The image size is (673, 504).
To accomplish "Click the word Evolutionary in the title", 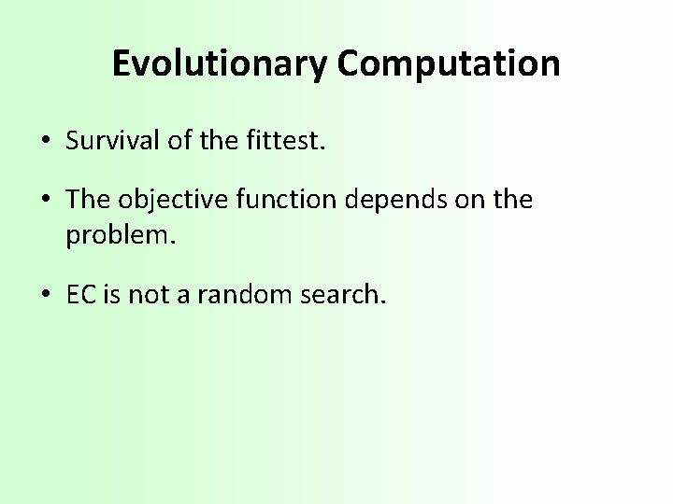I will pos(221,63).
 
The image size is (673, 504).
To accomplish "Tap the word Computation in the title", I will pos(449,63).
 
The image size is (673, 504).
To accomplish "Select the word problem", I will pos(119,234).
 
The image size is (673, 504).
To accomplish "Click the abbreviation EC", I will pos(79,296).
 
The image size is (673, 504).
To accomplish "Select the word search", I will pos(344,296).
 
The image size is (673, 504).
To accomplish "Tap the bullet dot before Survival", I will pos(45,141).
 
